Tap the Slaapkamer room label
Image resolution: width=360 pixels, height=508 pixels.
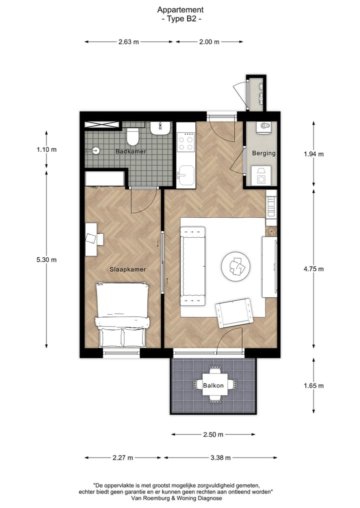pyautogui.click(x=127, y=269)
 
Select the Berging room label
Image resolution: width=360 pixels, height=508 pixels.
pyautogui.click(x=263, y=153)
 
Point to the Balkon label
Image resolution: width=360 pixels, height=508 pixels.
pyautogui.click(x=213, y=385)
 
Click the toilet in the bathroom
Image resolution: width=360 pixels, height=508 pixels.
pyautogui.click(x=132, y=136)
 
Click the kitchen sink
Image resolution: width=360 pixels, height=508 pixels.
pyautogui.click(x=186, y=176)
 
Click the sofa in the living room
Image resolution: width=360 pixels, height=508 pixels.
pyautogui.click(x=192, y=266)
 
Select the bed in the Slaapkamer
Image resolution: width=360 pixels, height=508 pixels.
pyautogui.click(x=123, y=315)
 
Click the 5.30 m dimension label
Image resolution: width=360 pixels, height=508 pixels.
pyautogui.click(x=46, y=259)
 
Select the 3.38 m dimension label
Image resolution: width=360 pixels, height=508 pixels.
pyautogui.click(x=220, y=457)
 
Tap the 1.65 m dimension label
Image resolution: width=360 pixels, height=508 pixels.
pyautogui.click(x=313, y=386)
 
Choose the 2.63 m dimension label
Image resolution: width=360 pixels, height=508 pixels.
pyautogui.click(x=128, y=42)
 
